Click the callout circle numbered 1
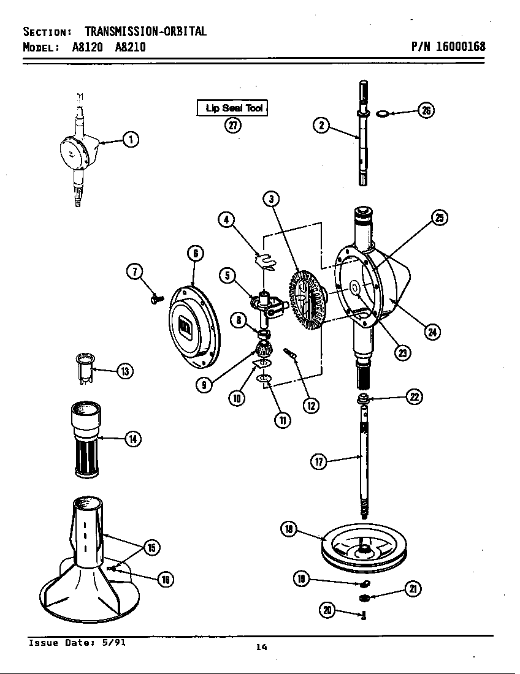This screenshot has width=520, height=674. tap(130, 140)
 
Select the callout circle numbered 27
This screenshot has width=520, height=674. tap(232, 126)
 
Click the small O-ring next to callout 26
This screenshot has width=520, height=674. tap(381, 113)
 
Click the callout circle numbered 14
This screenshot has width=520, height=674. tap(132, 439)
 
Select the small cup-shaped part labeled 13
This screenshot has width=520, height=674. tap(83, 368)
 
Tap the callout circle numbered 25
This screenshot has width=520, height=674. tap(439, 218)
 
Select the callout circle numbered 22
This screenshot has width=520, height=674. tap(414, 397)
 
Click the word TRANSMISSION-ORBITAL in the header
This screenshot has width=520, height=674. tap(145, 31)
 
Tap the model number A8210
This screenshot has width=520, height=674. tap(130, 47)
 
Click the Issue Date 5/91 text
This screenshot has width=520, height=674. tap(77, 643)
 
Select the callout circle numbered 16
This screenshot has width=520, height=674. tap(164, 578)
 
